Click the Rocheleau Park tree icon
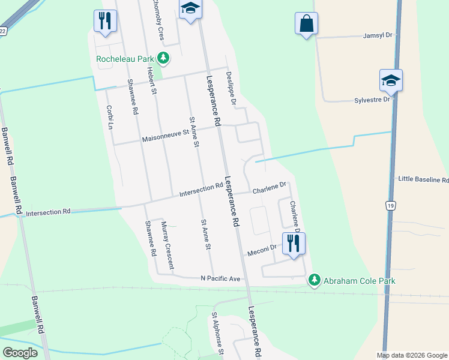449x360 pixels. (163, 58)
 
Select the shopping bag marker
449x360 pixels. (306, 24)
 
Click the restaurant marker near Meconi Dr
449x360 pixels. (294, 243)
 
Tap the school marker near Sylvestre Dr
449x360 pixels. (391, 81)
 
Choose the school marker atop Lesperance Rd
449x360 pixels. (190, 9)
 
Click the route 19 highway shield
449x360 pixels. (390, 206)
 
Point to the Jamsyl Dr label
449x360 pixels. (378, 36)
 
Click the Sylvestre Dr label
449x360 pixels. (372, 100)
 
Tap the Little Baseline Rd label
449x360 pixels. (423, 179)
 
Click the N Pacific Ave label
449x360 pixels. (220, 279)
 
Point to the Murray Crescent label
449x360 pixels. (166, 241)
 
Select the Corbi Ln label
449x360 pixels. (110, 117)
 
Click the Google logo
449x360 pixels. (20, 353)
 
